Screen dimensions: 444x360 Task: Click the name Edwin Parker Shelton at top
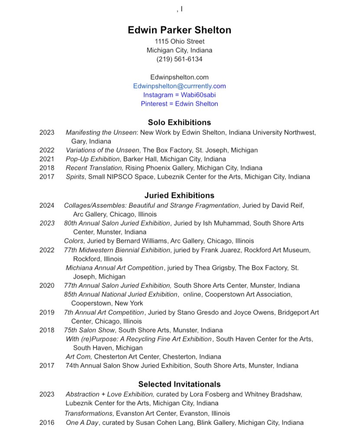click(179, 30)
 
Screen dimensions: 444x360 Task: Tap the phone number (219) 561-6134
click(179, 59)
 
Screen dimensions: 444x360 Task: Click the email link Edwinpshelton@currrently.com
click(179, 86)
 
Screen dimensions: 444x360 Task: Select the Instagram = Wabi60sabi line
click(179, 95)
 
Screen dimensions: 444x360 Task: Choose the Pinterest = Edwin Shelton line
click(179, 104)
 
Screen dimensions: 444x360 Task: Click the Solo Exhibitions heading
click(179, 122)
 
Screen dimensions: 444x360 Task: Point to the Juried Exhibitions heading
click(179, 195)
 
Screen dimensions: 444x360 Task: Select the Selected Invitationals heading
click(179, 384)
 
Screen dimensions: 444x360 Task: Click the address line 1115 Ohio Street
click(179, 41)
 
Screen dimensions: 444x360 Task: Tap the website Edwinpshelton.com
click(179, 77)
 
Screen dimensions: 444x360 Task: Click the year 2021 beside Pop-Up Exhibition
click(47, 159)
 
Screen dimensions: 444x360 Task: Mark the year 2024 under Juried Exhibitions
click(47, 205)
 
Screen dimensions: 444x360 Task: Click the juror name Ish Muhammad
click(210, 223)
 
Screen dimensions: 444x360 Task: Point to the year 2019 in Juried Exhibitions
click(47, 312)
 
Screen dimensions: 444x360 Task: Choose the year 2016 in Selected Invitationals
click(47, 422)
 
